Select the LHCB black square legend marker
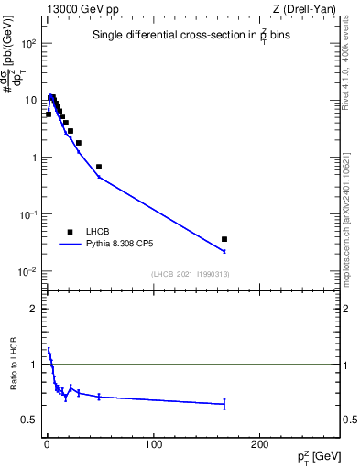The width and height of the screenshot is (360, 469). tap(70, 233)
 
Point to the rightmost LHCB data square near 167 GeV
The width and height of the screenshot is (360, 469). tap(224, 239)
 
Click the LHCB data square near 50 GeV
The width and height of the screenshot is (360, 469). tap(99, 167)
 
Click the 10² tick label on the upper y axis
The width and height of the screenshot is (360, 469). tap(28, 43)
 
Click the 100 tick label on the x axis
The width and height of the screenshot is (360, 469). tap(153, 444)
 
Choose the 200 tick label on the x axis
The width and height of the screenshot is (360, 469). tap(259, 444)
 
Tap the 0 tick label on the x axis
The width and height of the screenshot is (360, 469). tap(47, 444)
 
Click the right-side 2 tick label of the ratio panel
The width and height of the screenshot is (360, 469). tap(344, 309)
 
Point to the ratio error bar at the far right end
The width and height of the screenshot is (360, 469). tap(224, 404)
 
